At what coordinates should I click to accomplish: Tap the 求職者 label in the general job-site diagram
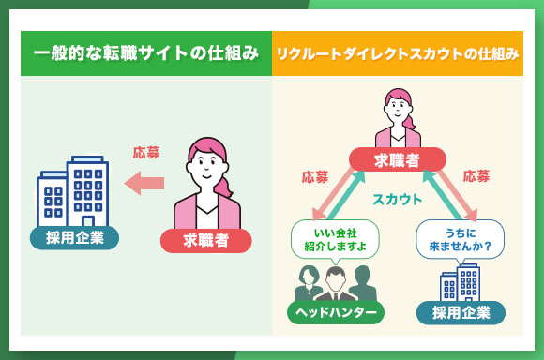pyautogui.click(x=205, y=241)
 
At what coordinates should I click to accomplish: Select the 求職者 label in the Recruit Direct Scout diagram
pyautogui.click(x=397, y=160)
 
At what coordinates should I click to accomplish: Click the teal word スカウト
pyautogui.click(x=397, y=200)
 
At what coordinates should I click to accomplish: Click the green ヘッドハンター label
pyautogui.click(x=334, y=312)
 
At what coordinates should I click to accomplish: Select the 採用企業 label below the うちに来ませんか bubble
pyautogui.click(x=461, y=312)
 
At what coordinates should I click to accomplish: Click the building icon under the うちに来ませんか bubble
pyautogui.click(x=460, y=281)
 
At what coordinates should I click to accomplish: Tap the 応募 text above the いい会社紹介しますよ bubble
pyautogui.click(x=315, y=176)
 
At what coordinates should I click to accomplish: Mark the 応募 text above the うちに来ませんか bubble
pyautogui.click(x=476, y=176)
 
